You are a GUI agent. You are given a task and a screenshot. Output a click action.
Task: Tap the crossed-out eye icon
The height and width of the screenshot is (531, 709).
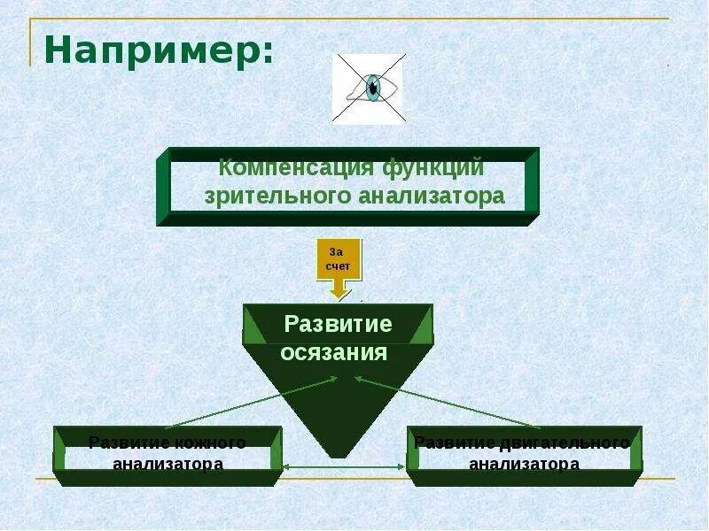(369, 88)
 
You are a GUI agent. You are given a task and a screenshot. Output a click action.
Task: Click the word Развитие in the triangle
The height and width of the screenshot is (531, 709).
(338, 324)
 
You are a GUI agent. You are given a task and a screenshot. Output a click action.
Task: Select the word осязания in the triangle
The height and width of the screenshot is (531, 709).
(335, 352)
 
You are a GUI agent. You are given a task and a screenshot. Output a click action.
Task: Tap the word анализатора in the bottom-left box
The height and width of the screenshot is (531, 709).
(168, 463)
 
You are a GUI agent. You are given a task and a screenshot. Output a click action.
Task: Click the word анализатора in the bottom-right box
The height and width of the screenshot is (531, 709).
(524, 463)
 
